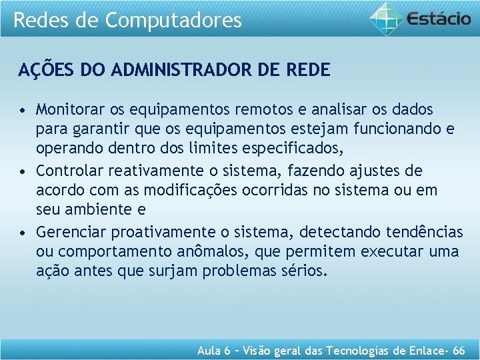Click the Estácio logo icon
(x=387, y=19)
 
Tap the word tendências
(x=424, y=232)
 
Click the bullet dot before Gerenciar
(x=23, y=233)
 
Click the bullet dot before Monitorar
(x=23, y=109)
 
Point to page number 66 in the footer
(x=459, y=351)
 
